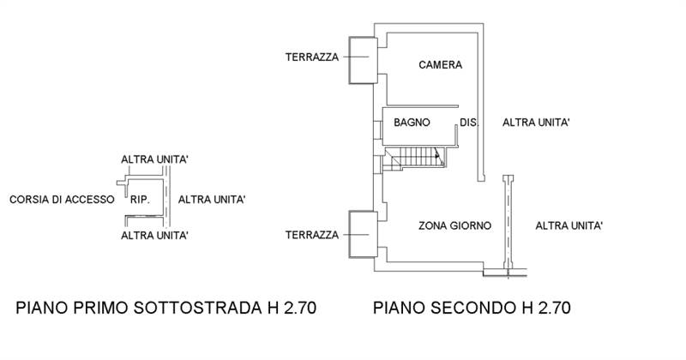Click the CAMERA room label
coord(441,65)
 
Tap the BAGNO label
coord(412,123)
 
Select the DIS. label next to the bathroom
coord(468,123)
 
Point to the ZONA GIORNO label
coord(454,226)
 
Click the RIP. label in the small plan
coord(141,199)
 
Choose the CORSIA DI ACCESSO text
coord(61,199)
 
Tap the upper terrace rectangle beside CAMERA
coord(361,60)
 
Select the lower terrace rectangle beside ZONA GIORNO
coord(361,233)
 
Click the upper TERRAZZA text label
coord(312,57)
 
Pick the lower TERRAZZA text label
coord(312,234)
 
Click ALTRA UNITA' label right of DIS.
coord(537,123)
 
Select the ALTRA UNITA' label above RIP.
coord(155,159)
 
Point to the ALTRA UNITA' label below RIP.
coord(155,235)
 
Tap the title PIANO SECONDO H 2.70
coord(472,307)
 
